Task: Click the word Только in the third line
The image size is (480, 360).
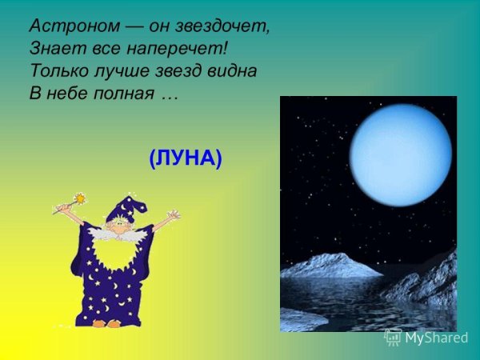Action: click(x=57, y=70)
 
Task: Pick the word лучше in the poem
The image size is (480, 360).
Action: click(x=118, y=70)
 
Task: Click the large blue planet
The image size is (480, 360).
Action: click(x=400, y=154)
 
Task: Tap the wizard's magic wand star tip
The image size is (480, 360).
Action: click(x=80, y=198)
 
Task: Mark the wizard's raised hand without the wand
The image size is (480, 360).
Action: click(x=172, y=216)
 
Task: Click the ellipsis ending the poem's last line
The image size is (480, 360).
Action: click(x=168, y=96)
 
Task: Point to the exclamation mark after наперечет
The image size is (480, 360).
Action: click(x=226, y=47)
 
